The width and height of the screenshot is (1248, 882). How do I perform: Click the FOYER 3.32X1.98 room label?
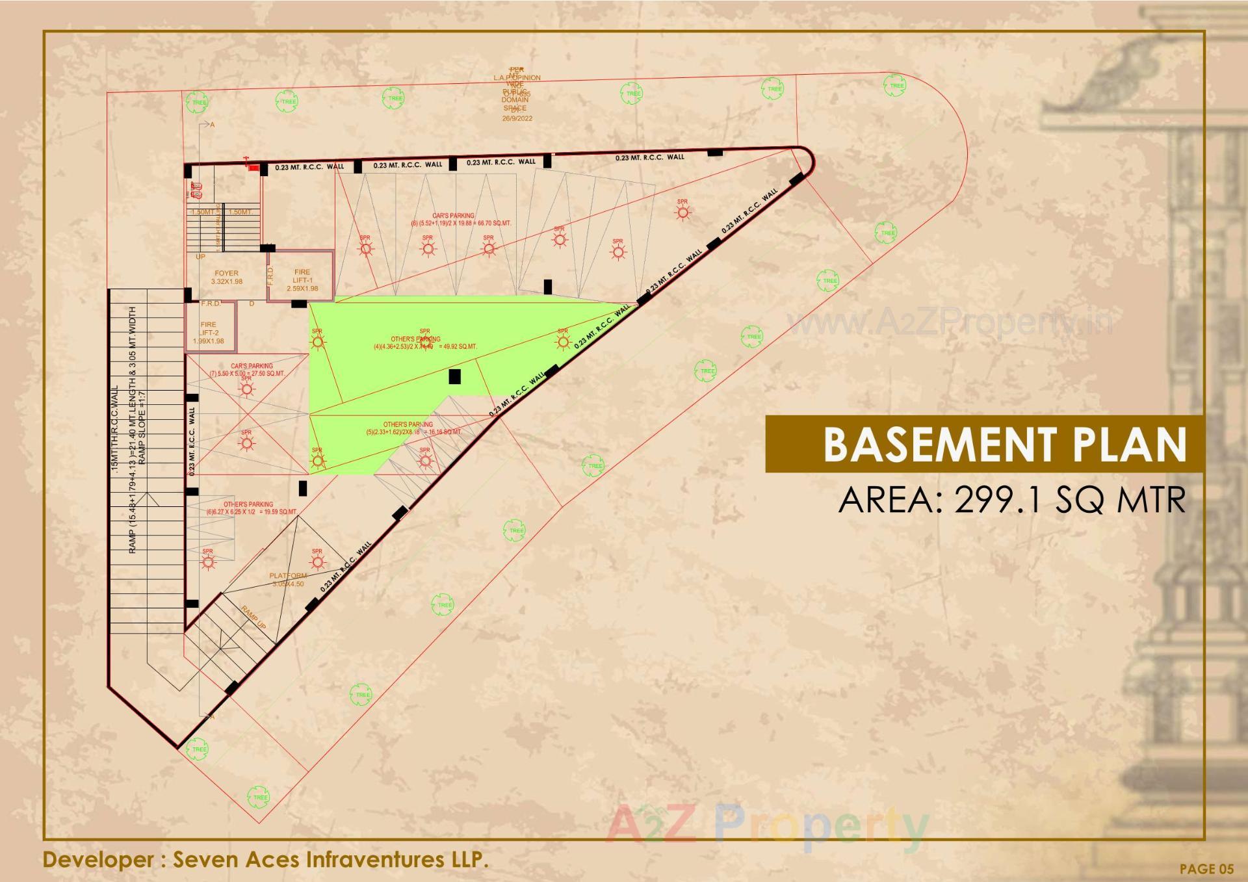click(x=226, y=278)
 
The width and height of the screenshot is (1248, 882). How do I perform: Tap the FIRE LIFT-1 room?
click(x=302, y=280)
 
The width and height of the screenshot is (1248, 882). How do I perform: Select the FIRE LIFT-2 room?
click(x=208, y=332)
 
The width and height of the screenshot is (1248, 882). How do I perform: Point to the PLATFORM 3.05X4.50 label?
click(x=288, y=580)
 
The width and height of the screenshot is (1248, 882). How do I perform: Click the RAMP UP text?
click(x=253, y=617)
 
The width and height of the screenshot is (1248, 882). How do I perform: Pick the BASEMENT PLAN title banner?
click(x=984, y=445)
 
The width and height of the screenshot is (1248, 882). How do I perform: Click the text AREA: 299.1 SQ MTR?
click(x=1011, y=500)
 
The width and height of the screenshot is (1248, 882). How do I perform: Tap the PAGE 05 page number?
click(x=1206, y=868)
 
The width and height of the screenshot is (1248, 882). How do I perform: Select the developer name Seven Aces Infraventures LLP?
click(x=265, y=859)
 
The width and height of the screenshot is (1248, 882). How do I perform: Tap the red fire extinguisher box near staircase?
click(x=253, y=168)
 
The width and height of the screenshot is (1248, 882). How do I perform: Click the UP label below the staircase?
click(x=200, y=257)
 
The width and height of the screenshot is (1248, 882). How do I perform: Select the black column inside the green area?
click(x=454, y=376)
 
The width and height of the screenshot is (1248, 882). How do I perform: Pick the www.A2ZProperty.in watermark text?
click(x=949, y=322)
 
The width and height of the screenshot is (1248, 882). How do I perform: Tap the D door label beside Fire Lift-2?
click(x=252, y=304)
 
